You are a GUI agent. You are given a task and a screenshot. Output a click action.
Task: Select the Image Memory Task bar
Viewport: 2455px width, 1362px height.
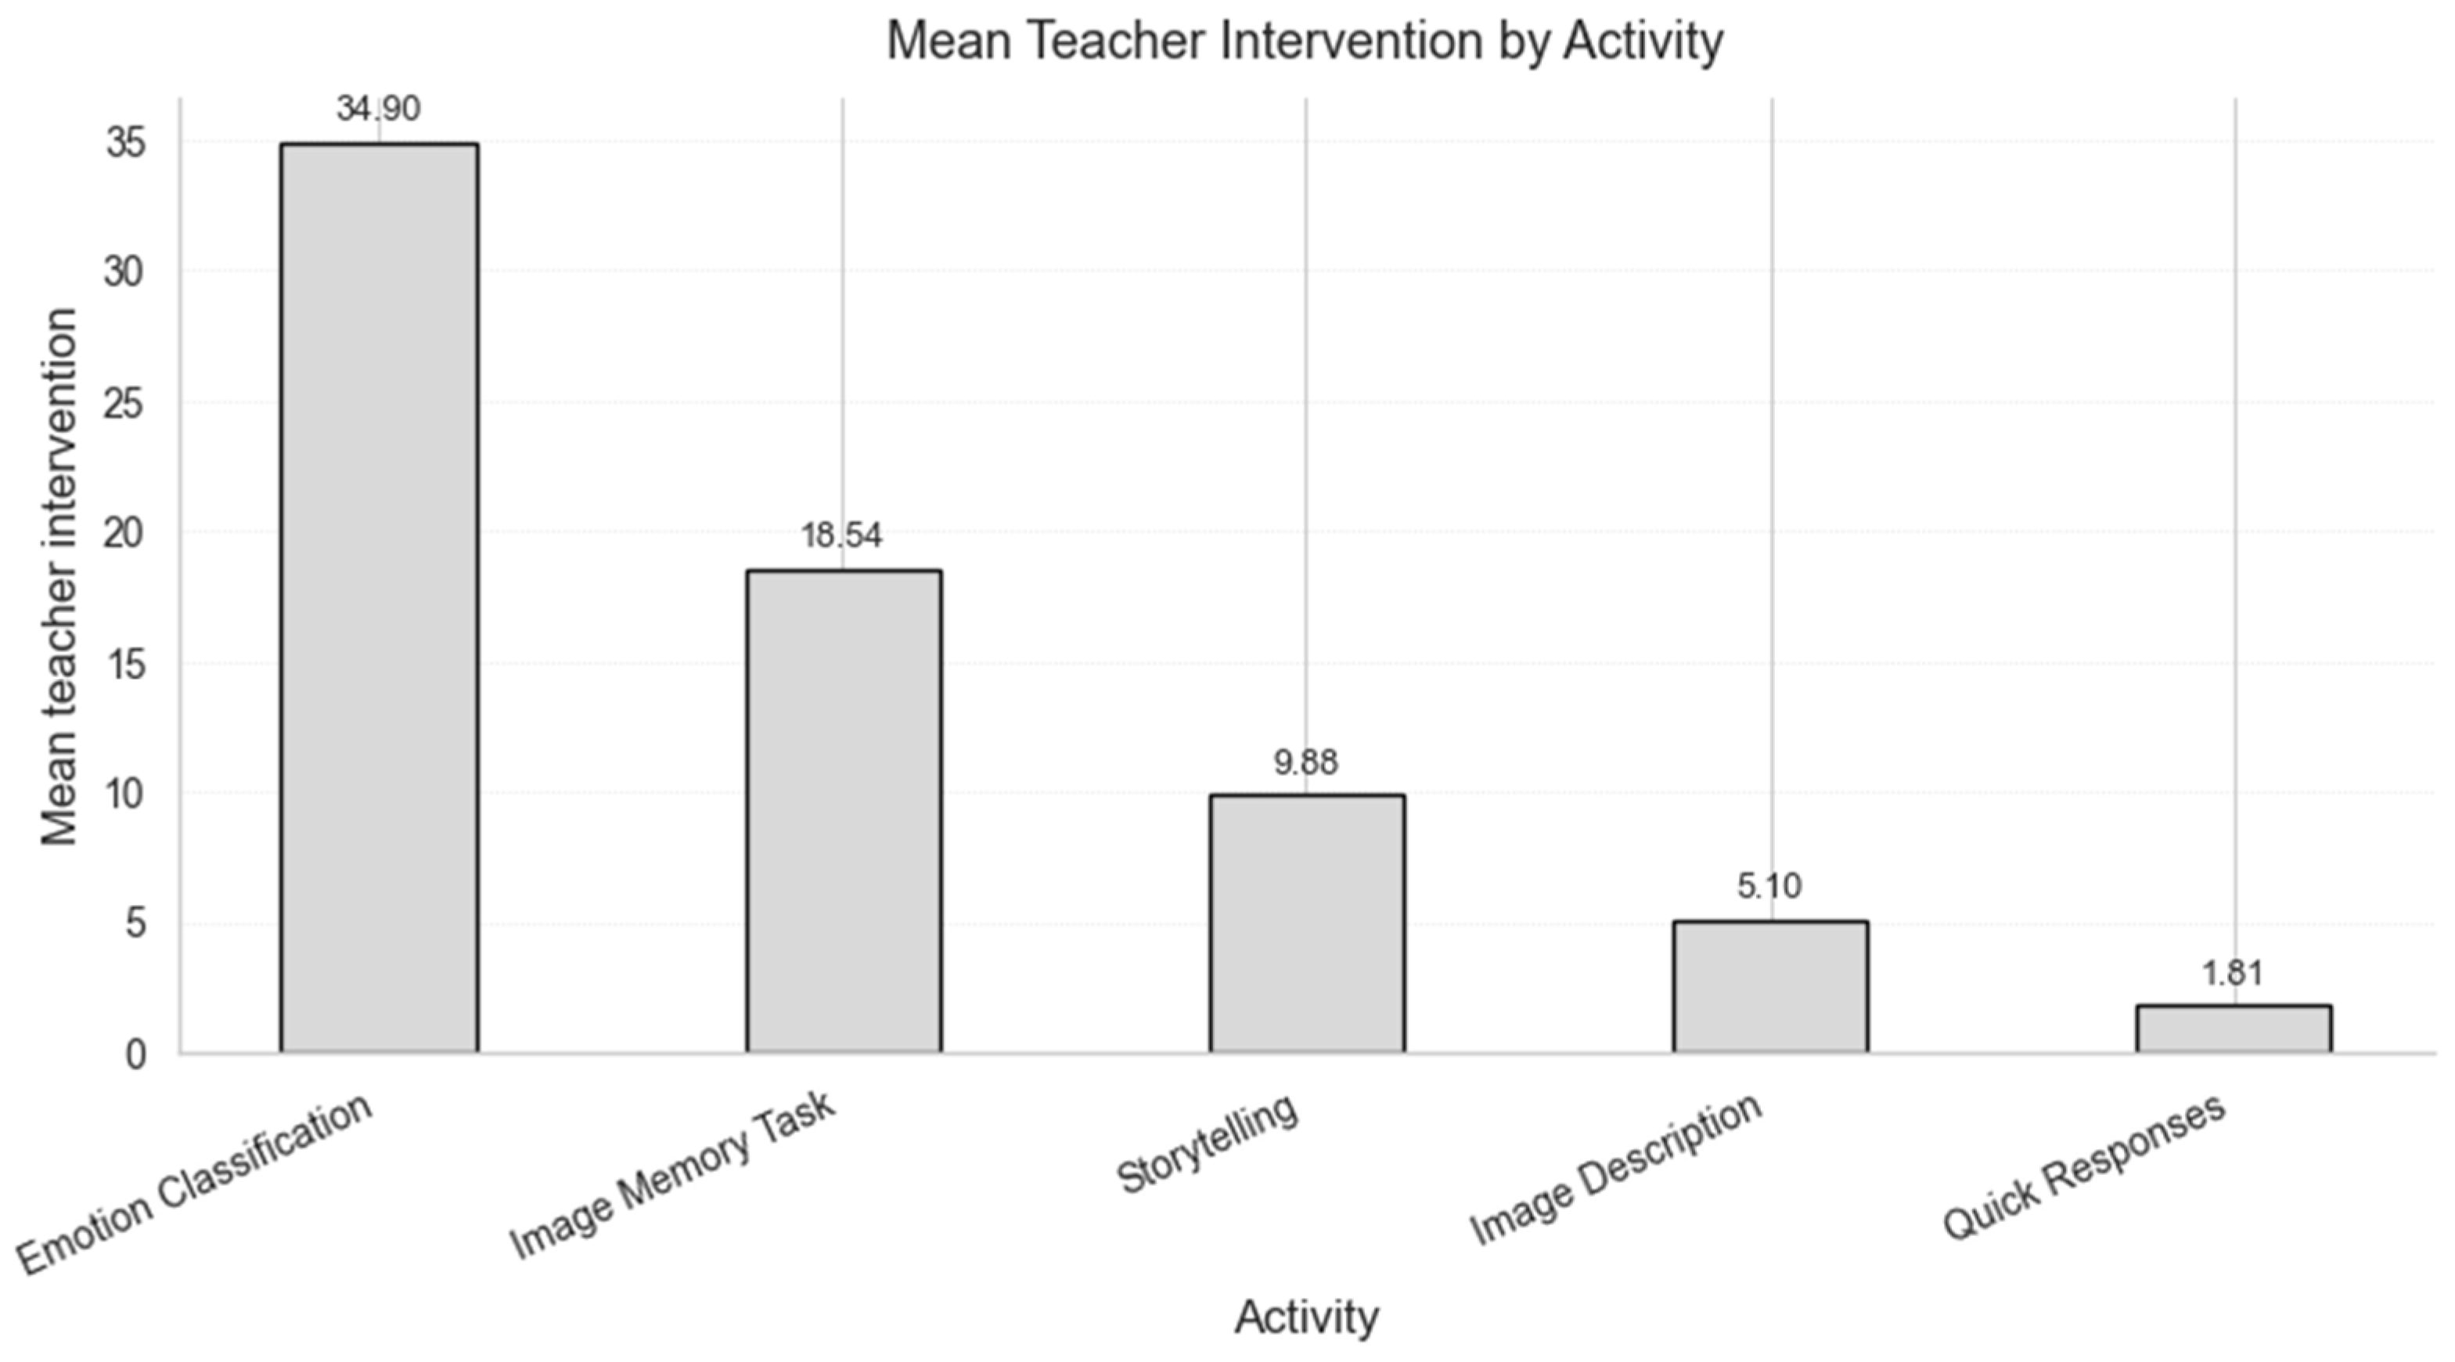(x=844, y=811)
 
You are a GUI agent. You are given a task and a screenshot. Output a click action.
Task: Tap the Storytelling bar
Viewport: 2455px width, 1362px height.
(x=1308, y=924)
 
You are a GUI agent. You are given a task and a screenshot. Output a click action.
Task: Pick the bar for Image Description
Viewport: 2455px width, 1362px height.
(x=1771, y=986)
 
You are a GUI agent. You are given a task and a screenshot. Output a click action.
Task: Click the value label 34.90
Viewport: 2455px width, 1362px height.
(x=378, y=109)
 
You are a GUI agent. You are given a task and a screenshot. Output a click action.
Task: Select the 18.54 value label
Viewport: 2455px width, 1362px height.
(x=841, y=535)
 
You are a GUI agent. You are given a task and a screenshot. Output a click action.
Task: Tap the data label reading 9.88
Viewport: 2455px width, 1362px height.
(x=1305, y=762)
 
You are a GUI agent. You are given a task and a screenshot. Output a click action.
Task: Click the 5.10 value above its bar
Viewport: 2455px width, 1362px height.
(x=1769, y=886)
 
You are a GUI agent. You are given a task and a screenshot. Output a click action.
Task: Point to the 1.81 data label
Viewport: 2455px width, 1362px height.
(x=2232, y=973)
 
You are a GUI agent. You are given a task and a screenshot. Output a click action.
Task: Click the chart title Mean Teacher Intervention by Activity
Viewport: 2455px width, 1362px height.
(x=1305, y=41)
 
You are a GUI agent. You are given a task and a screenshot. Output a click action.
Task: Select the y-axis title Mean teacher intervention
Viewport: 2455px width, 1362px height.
(x=59, y=577)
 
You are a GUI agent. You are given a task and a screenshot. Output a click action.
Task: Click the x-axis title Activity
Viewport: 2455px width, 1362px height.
(x=1307, y=1317)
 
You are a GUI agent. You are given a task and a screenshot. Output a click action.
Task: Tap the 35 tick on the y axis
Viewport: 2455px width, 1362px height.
(x=126, y=144)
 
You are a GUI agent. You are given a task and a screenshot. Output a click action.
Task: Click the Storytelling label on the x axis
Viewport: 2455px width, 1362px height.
(x=1207, y=1143)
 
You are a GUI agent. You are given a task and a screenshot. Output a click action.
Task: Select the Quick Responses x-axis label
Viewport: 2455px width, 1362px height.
(x=2084, y=1166)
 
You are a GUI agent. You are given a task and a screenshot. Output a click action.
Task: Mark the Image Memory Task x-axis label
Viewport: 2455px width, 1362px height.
(x=673, y=1174)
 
